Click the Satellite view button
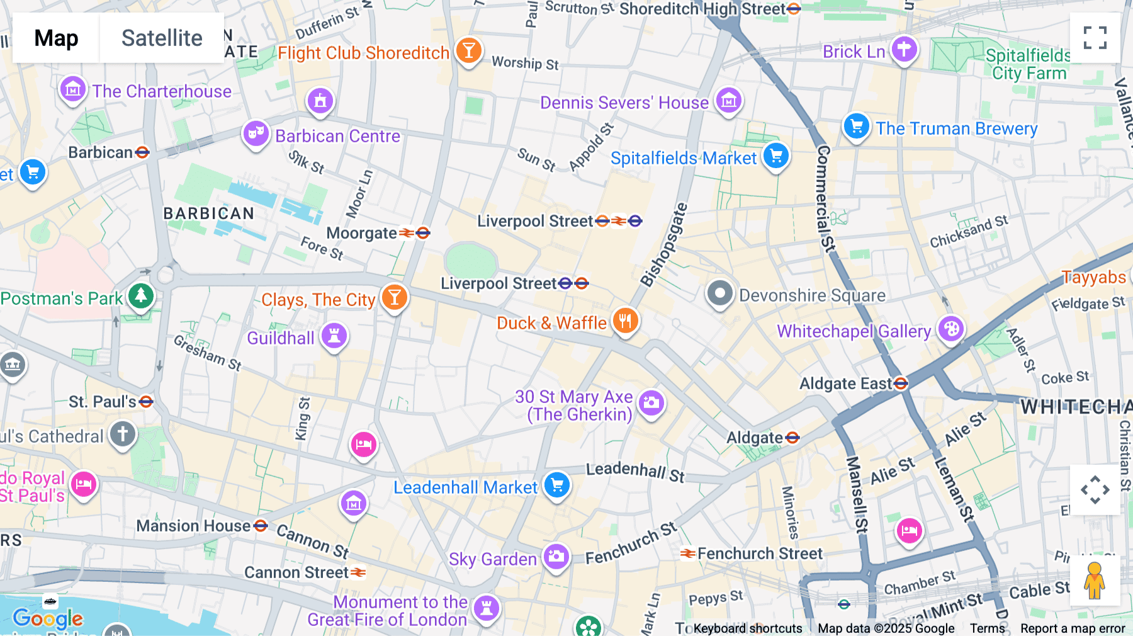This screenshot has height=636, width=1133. click(162, 38)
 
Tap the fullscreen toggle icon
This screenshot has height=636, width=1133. click(1095, 38)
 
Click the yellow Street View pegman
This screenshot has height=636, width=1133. click(1095, 581)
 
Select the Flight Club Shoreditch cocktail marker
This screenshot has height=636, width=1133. click(468, 50)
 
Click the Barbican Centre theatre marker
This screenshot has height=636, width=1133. click(256, 133)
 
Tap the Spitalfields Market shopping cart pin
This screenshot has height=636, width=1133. click(776, 156)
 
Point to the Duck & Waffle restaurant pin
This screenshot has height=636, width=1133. click(625, 321)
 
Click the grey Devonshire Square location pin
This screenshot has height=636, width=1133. click(719, 293)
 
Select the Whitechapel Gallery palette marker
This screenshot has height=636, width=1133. click(951, 329)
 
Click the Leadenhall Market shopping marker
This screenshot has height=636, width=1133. click(557, 486)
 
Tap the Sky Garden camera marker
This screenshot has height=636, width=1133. click(556, 557)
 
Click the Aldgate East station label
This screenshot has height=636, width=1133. click(845, 383)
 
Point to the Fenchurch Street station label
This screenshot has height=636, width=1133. click(759, 554)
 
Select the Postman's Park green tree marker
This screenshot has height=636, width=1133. click(141, 296)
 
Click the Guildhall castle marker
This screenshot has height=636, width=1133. click(334, 336)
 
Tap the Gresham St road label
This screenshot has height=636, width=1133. click(207, 353)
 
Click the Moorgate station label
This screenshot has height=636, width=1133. click(361, 234)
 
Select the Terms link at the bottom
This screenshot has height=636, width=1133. click(987, 628)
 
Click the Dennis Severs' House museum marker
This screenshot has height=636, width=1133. click(729, 100)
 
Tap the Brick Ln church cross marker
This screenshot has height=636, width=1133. click(904, 49)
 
